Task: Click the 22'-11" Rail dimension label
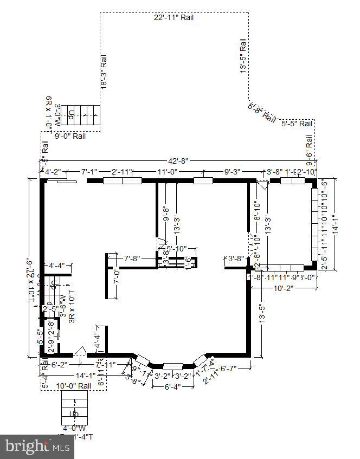[173, 17]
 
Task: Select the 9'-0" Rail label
[70, 137]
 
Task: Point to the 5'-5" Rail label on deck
[297, 124]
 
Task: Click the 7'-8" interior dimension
[133, 258]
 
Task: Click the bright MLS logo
[37, 447]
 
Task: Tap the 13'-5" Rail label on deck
[244, 55]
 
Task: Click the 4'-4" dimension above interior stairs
[57, 266]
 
